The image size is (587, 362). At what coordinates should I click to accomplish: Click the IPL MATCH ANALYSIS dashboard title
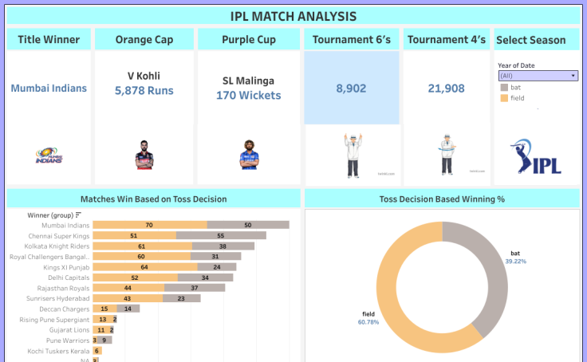pyautogui.click(x=293, y=16)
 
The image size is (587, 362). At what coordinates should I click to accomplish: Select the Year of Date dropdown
pyautogui.click(x=538, y=76)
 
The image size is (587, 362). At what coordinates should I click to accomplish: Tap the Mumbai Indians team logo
pyautogui.click(x=49, y=156)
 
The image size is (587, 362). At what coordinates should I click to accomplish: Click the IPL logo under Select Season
pyautogui.click(x=536, y=156)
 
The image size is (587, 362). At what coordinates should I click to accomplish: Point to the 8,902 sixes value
pyautogui.click(x=351, y=89)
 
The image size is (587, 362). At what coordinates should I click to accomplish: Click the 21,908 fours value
pyautogui.click(x=446, y=89)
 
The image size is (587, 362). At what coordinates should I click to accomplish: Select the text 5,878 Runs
pyautogui.click(x=144, y=92)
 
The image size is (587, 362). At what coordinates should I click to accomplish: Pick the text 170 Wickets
pyautogui.click(x=248, y=96)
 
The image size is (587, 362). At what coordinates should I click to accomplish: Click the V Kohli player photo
pyautogui.click(x=144, y=154)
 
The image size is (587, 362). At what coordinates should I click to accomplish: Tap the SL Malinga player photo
pyautogui.click(x=249, y=155)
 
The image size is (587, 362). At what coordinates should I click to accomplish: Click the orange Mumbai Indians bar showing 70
pyautogui.click(x=149, y=226)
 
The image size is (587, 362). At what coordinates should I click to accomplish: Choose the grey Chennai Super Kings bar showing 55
pyautogui.click(x=221, y=236)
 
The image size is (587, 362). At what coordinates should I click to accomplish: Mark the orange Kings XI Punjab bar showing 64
pyautogui.click(x=144, y=267)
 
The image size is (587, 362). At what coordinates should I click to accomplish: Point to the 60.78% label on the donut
pyautogui.click(x=369, y=322)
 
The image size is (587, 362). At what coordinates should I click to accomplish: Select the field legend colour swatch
pyautogui.click(x=504, y=98)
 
